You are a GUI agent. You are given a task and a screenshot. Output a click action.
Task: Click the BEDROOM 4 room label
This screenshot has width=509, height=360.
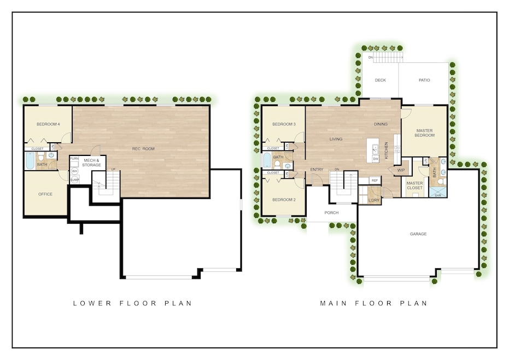48,124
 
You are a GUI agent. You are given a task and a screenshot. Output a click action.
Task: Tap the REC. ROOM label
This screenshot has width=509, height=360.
143,149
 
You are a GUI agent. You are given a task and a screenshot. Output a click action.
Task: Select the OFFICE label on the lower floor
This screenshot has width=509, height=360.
45,194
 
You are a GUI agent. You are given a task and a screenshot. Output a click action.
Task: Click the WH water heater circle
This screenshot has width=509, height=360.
75,171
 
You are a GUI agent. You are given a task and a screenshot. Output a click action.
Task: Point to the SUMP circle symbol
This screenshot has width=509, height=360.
75,179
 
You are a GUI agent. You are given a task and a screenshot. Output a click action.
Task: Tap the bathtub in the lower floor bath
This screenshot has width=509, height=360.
30,161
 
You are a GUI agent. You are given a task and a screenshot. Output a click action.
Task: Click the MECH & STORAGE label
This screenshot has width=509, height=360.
91,162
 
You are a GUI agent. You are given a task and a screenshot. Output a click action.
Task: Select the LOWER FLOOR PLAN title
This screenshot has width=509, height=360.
132,303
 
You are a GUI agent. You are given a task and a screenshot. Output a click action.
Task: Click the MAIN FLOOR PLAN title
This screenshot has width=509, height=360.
373,303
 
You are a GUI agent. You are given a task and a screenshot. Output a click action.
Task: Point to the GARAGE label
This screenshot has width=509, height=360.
418,234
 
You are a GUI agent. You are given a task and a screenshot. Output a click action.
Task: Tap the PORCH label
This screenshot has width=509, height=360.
331,213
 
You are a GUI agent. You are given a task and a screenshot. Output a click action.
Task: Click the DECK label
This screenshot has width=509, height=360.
380,80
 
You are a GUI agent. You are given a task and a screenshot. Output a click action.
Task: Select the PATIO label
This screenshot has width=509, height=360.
424,80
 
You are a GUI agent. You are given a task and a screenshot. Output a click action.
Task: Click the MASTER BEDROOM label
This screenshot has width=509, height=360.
425,133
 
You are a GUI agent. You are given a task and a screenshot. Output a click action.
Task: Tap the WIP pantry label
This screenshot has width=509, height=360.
401,170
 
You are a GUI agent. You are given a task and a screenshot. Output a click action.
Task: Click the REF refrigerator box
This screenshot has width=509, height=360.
375,181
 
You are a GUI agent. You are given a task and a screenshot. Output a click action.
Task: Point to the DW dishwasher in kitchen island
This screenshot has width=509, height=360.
376,159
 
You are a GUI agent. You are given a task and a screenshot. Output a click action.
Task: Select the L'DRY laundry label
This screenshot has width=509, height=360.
373,200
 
